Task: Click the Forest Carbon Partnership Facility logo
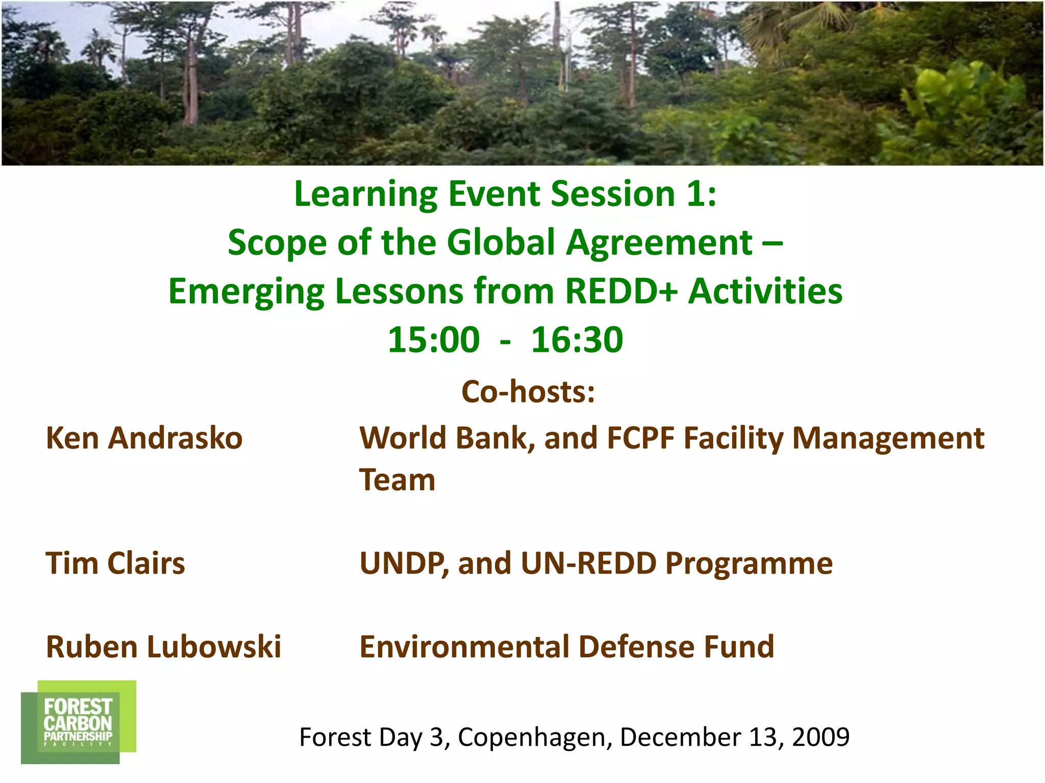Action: (x=78, y=721)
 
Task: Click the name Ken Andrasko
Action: (x=144, y=438)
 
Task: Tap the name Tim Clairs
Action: (x=115, y=564)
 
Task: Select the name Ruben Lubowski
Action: (x=163, y=647)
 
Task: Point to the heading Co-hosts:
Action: (x=528, y=392)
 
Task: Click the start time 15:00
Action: (x=434, y=340)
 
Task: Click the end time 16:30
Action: (x=577, y=340)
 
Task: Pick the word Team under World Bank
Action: (x=397, y=480)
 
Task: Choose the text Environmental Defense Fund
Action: (x=566, y=647)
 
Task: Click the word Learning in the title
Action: (x=365, y=194)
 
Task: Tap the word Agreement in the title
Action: (x=659, y=243)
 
